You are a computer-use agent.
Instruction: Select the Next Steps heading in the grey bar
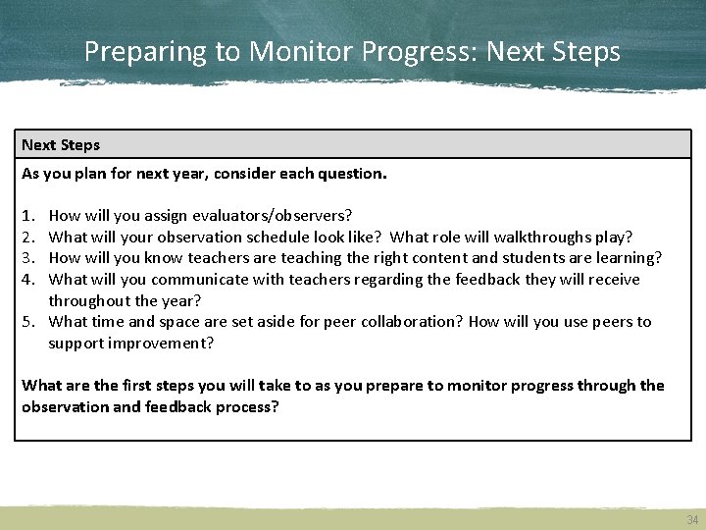(61, 145)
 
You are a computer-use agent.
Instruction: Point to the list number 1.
(28, 215)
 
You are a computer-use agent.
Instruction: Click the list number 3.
(28, 258)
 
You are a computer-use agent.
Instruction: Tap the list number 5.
(28, 322)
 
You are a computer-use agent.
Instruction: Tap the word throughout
(89, 301)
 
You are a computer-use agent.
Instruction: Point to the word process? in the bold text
(249, 406)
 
